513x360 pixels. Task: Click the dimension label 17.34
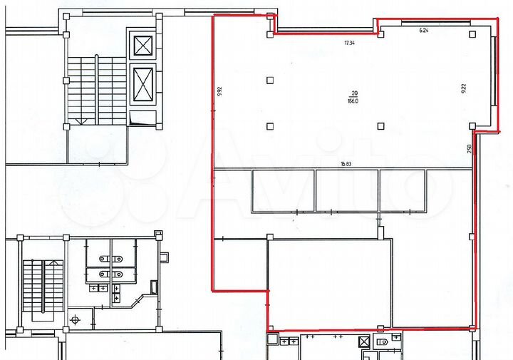click(x=349, y=43)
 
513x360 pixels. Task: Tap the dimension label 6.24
click(x=424, y=31)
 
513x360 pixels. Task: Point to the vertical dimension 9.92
click(x=221, y=92)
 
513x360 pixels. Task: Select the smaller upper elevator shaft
click(x=143, y=46)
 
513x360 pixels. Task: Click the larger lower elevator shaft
click(x=143, y=84)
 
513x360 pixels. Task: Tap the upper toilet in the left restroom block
click(x=104, y=259)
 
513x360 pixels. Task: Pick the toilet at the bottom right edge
click(x=385, y=343)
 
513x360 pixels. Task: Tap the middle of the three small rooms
click(x=346, y=190)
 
